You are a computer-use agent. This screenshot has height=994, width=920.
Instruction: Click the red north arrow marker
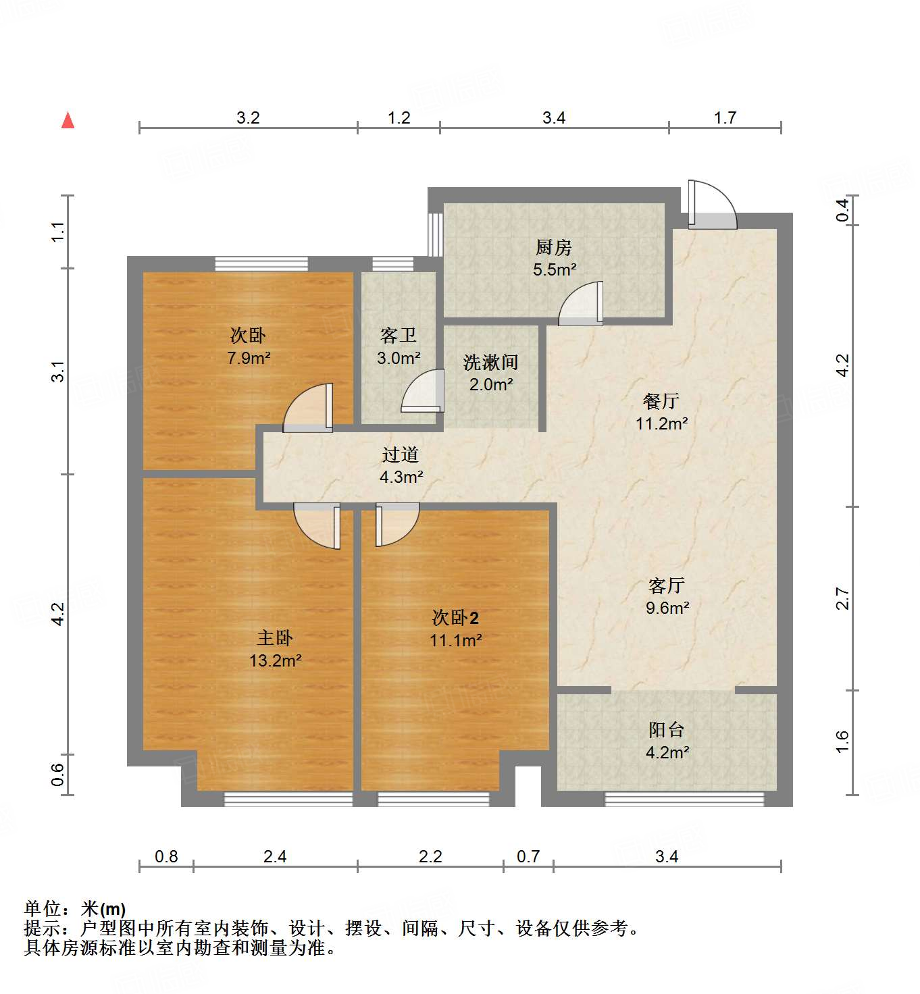(x=68, y=120)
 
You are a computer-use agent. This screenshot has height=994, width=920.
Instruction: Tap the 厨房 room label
(x=553, y=248)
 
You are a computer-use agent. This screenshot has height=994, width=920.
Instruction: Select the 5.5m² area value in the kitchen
(x=554, y=270)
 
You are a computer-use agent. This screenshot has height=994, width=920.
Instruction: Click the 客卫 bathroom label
(x=398, y=336)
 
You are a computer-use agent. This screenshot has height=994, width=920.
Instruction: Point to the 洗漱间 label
(x=490, y=363)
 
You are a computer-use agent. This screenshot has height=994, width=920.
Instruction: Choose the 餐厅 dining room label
(x=661, y=401)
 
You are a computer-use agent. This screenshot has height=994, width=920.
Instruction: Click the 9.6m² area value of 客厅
(x=667, y=608)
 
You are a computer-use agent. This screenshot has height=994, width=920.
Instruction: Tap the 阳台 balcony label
(x=666, y=730)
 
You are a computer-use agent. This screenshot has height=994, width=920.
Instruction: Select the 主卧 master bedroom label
(x=275, y=638)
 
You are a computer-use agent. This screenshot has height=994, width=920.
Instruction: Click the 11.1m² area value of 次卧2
(x=455, y=640)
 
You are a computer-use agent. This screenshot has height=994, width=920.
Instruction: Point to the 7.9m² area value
(x=248, y=358)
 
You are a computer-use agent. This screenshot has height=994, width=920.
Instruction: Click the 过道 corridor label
(x=400, y=455)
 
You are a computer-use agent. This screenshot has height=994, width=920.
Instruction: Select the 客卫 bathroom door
(x=422, y=392)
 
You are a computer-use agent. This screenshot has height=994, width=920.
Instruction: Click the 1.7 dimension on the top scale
(x=725, y=118)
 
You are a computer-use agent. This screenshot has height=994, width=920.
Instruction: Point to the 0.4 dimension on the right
(x=842, y=210)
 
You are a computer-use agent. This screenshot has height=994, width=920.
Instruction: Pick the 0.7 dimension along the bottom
(x=528, y=856)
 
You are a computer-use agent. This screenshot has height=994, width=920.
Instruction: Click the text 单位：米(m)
(x=75, y=909)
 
